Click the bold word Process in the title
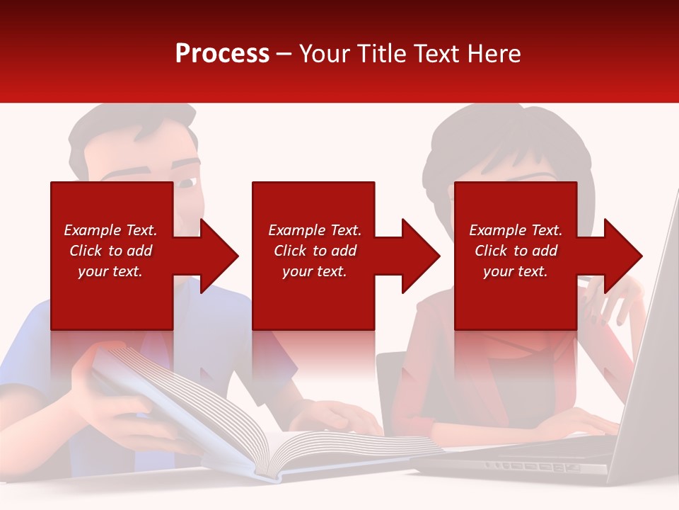(x=222, y=54)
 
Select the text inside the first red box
(x=110, y=251)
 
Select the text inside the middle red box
(x=314, y=251)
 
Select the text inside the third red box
(x=516, y=251)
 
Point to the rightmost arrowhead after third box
(x=622, y=256)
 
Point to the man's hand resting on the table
(x=347, y=418)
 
